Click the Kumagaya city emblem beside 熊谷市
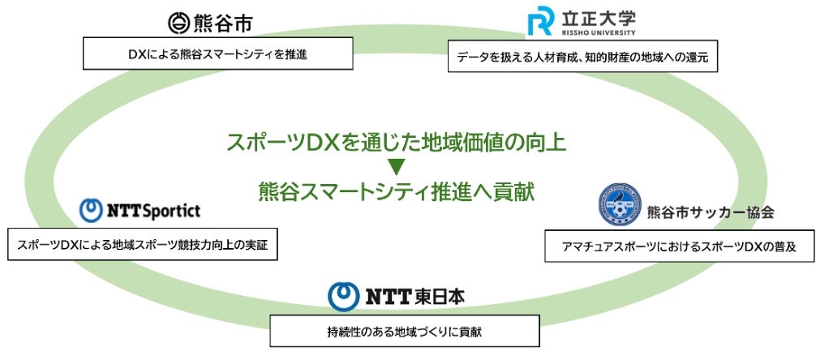(178, 23)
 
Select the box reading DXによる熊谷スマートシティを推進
(217, 56)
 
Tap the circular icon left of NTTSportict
(91, 212)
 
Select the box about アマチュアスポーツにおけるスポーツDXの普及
(679, 246)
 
